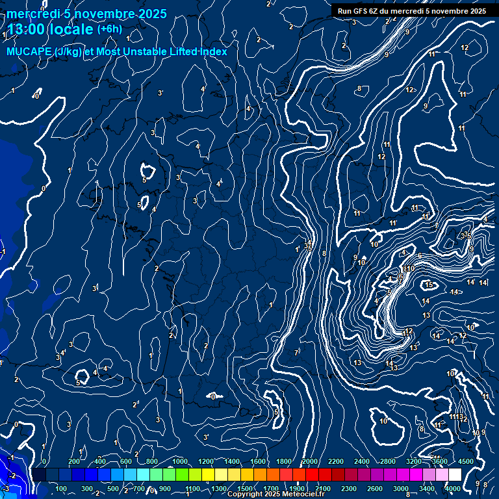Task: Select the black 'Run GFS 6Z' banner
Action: pos(412,11)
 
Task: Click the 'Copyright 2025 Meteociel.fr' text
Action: pos(275,494)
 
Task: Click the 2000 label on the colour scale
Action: pos(309,461)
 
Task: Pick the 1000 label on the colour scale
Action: pos(179,461)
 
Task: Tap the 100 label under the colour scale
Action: pos(62,489)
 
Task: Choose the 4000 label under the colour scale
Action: pos(453,489)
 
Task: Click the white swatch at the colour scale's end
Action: pos(455,475)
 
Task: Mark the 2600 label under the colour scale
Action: pos(375,489)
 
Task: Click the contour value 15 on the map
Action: pos(429,285)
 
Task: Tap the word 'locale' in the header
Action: pos(73,29)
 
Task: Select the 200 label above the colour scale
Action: pos(74,461)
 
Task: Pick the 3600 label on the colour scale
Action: pos(440,461)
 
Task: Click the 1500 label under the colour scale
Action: pos(244,489)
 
